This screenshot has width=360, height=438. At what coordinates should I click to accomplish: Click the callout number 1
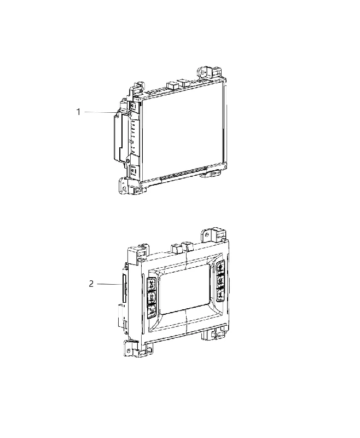[x=78, y=112]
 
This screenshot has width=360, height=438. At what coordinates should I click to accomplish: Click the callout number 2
[x=91, y=284]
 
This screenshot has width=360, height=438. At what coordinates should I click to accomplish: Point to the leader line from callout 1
[x=100, y=112]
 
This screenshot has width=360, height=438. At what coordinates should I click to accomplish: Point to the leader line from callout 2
[x=109, y=284]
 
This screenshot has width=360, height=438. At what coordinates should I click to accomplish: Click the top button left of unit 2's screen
[x=152, y=285]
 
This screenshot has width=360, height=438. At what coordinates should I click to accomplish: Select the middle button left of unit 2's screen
[x=152, y=297]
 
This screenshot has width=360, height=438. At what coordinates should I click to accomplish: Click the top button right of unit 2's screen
[x=220, y=267]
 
